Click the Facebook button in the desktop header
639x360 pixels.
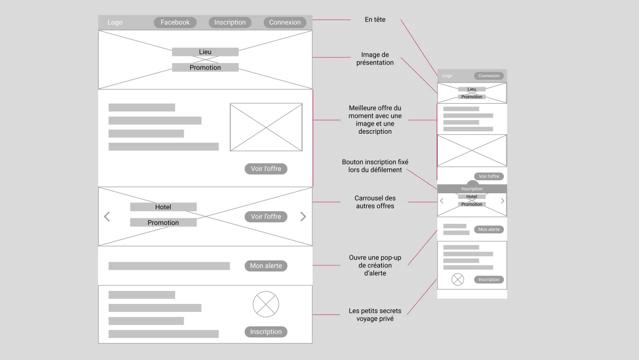coord(175,22)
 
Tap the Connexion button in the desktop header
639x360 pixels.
coord(285,22)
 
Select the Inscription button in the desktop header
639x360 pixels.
coord(230,22)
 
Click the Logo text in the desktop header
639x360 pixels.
coord(115,22)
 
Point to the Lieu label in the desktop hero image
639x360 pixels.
coord(205,52)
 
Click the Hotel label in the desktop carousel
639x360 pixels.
coord(163,207)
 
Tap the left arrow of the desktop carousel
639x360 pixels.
coord(107,217)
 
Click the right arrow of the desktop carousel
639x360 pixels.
coord(303,217)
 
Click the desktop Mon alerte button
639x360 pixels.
coord(266,266)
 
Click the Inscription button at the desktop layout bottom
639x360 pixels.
coord(266,332)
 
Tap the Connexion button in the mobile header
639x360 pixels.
coord(489,76)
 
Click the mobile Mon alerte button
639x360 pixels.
coord(489,229)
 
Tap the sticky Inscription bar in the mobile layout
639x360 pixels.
coord(472,189)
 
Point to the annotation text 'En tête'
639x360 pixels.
coord(375,20)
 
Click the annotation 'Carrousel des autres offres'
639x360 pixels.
coord(375,202)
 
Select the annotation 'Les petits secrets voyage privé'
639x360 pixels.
coord(375,315)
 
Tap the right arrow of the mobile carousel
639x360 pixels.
coord(502,201)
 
